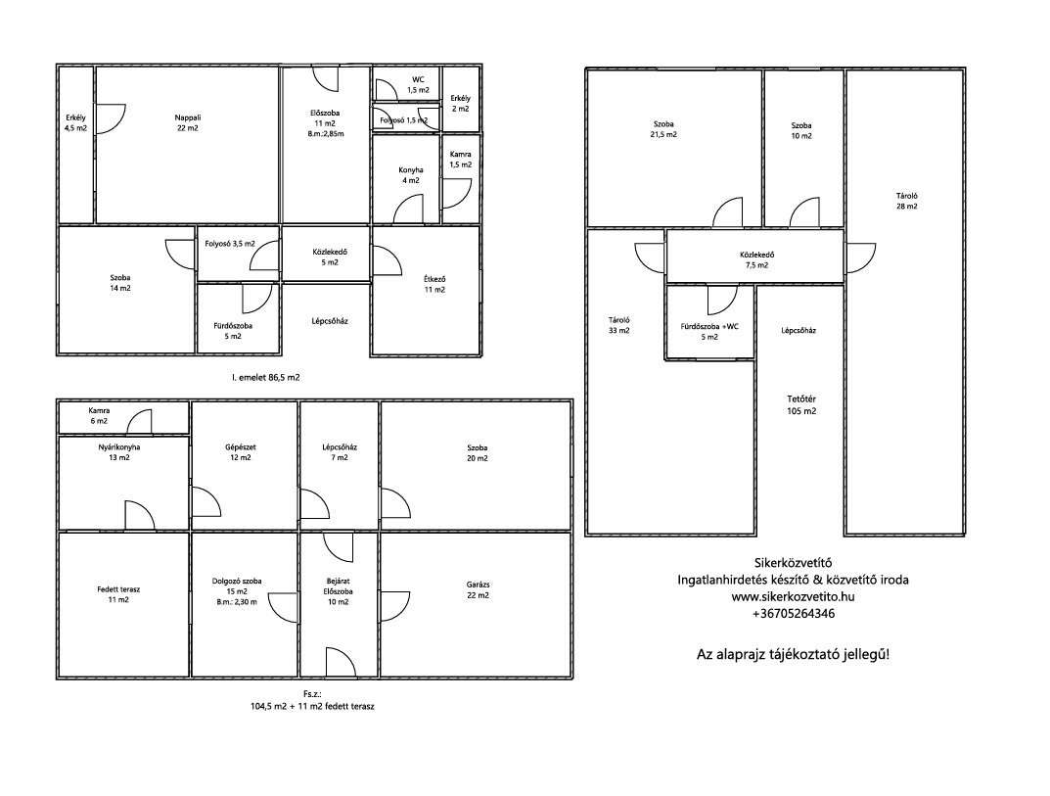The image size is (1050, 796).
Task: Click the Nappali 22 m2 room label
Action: click(188, 122)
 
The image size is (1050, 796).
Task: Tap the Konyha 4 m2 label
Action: click(410, 175)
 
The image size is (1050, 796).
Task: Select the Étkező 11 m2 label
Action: click(434, 284)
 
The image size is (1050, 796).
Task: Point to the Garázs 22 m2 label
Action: click(478, 589)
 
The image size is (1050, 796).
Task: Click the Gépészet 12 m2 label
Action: click(241, 452)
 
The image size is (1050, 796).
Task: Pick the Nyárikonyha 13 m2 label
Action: click(118, 452)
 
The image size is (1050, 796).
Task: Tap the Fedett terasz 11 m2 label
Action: click(118, 594)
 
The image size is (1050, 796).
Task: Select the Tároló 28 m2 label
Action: click(907, 201)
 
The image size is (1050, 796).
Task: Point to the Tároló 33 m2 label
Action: click(618, 325)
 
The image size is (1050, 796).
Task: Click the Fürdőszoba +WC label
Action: click(709, 326)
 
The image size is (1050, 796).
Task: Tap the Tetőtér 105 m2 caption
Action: click(801, 405)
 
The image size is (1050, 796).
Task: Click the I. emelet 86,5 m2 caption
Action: click(266, 377)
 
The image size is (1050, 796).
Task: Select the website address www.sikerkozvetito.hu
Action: click(793, 596)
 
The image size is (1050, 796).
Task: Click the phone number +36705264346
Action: click(794, 613)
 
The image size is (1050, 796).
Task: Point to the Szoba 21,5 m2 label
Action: click(663, 128)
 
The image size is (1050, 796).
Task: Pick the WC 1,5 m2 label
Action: click(419, 84)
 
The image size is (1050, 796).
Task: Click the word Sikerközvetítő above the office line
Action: click(793, 563)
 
